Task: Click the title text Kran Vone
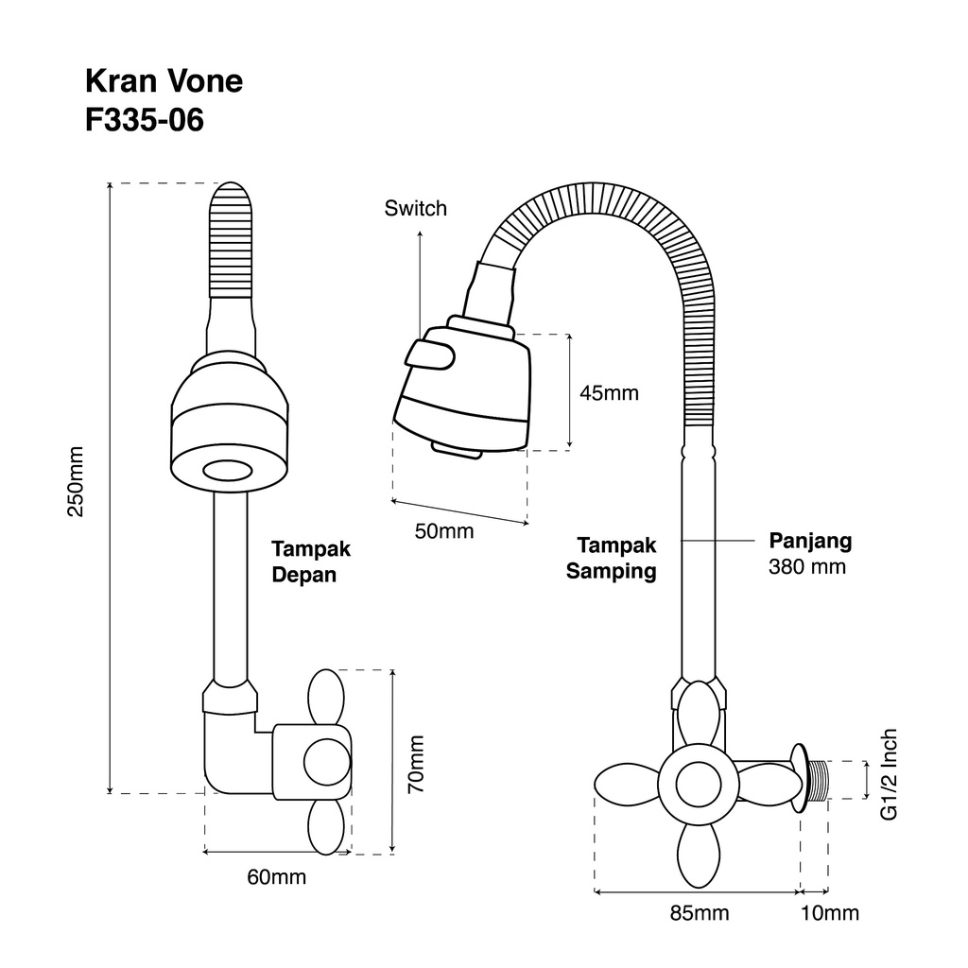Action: [164, 81]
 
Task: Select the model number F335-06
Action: [145, 120]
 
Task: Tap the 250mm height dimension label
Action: [76, 481]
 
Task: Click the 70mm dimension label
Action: [417, 764]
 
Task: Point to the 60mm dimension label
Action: [277, 876]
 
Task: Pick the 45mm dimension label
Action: [610, 392]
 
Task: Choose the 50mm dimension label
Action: [444, 531]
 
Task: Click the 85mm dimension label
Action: [700, 913]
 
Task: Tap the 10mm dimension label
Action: [830, 913]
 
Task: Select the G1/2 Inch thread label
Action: [889, 775]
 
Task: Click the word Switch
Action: [416, 209]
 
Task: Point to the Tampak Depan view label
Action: [311, 562]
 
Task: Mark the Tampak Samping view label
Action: [612, 558]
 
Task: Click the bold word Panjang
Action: [810, 542]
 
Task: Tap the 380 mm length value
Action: [807, 567]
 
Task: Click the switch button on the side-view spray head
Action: [430, 355]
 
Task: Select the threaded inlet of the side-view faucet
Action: [817, 780]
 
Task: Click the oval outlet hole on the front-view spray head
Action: [228, 471]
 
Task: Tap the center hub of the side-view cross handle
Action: [699, 785]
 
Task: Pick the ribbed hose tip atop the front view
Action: [231, 240]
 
